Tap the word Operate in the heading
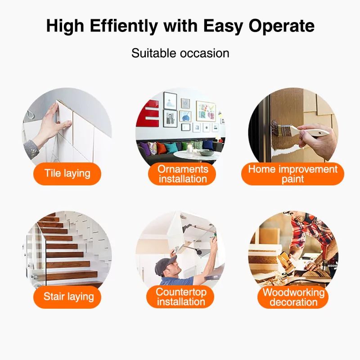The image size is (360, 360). pyautogui.click(x=282, y=26)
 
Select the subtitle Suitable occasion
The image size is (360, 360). pyautogui.click(x=180, y=53)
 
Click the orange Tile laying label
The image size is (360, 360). pyautogui.click(x=67, y=174)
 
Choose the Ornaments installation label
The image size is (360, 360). pyautogui.click(x=183, y=174)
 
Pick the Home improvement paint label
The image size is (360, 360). pyautogui.click(x=293, y=174)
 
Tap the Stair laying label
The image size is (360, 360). pyautogui.click(x=67, y=297)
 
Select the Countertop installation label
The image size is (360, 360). pyautogui.click(x=180, y=297)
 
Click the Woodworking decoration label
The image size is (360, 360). pyautogui.click(x=293, y=297)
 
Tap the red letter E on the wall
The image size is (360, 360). pyautogui.click(x=148, y=113)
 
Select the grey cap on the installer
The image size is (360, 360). pyautogui.click(x=165, y=266)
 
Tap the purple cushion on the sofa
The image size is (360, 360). pyautogui.click(x=144, y=148)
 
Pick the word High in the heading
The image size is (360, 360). pyautogui.click(x=65, y=26)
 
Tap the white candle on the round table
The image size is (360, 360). pyautogui.click(x=190, y=149)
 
